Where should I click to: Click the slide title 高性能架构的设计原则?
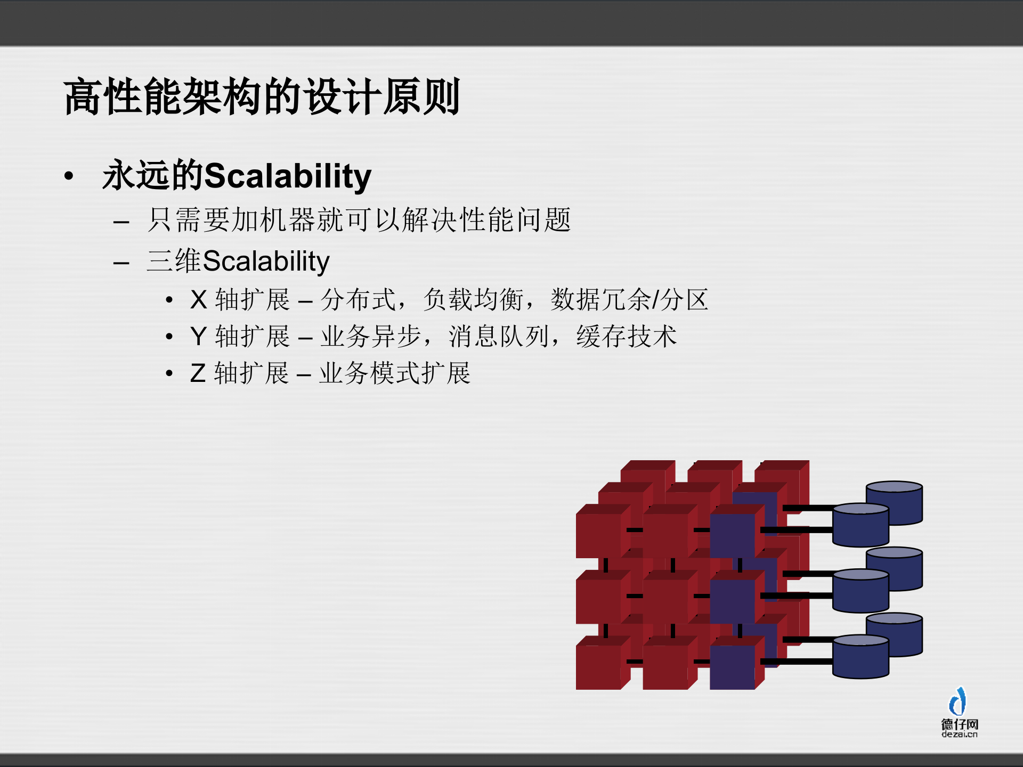pos(261,97)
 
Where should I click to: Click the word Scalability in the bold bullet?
pos(288,176)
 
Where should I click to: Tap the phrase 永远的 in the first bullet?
pos(153,176)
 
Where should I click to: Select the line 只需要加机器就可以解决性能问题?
pos(359,220)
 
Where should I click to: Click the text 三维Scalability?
pos(238,261)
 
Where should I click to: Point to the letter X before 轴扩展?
pos(198,300)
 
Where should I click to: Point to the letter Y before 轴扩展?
pos(198,337)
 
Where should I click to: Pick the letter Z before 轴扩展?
pos(198,373)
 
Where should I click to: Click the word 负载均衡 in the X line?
pos(473,300)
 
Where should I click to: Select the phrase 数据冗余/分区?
pos(629,300)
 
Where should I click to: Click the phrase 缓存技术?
pos(626,337)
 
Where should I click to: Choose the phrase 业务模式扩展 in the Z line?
pos(395,373)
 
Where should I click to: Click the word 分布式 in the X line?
pos(358,300)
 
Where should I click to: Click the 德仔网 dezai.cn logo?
pos(959,714)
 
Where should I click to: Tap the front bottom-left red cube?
pos(598,667)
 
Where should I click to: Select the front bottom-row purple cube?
pos(733,667)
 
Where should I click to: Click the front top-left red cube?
pos(598,535)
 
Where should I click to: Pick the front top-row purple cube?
pos(733,535)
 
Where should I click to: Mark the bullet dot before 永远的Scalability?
pos(69,176)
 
